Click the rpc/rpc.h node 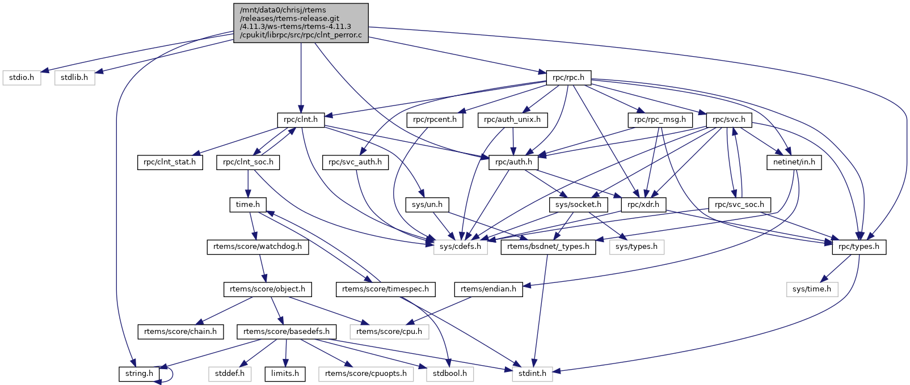point(568,78)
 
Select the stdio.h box point(22,78)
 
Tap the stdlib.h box point(74,78)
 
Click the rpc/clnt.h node point(301,120)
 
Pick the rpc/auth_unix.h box point(513,120)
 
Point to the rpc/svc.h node point(729,120)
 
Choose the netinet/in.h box point(794,162)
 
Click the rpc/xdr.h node point(644,204)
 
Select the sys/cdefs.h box point(460,247)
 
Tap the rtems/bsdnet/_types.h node point(548,247)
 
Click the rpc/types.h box point(859,247)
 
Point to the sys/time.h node point(811,289)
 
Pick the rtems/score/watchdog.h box point(258,247)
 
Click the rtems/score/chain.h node point(180,331)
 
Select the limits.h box point(285,374)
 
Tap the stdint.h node point(532,374)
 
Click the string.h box point(139,374)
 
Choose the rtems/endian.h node point(488,289)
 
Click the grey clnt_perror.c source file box point(301,23)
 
